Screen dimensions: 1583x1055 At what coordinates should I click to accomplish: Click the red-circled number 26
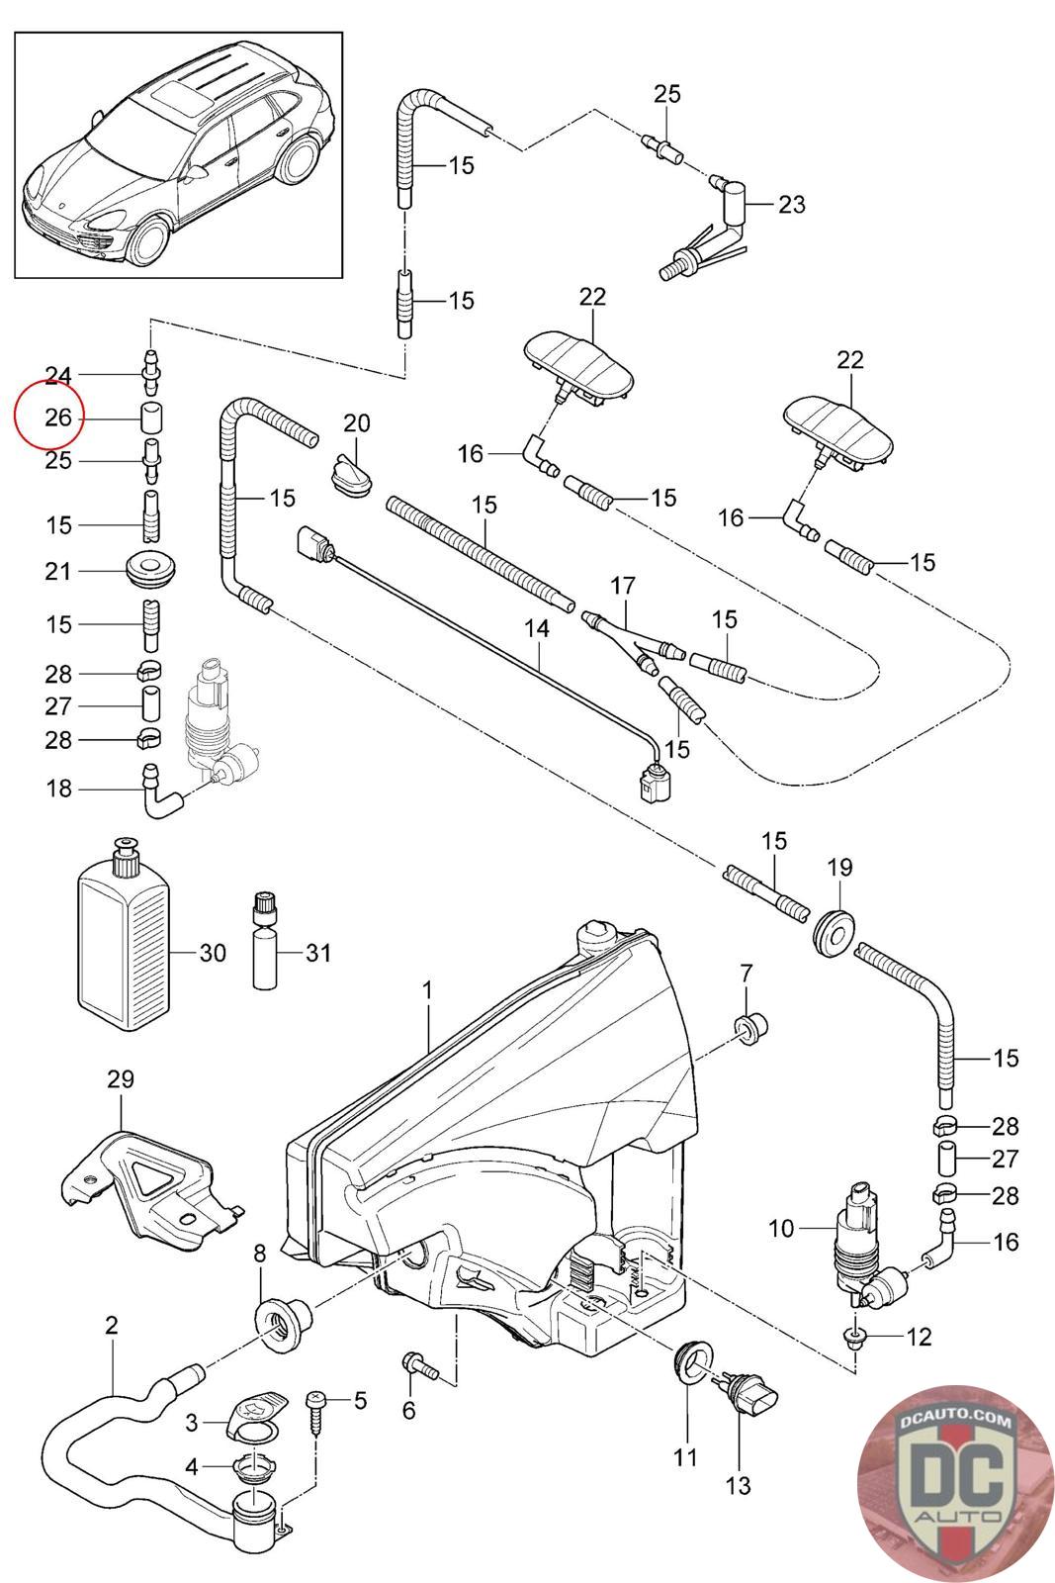coord(58,418)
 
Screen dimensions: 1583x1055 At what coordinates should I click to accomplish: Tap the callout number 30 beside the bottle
coord(213,953)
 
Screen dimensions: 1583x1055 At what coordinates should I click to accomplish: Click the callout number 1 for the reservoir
coord(427,988)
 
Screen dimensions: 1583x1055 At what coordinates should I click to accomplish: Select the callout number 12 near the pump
coord(919,1337)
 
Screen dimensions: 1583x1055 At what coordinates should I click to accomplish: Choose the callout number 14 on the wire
coord(536,627)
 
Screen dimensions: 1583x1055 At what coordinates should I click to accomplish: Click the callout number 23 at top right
coord(791,205)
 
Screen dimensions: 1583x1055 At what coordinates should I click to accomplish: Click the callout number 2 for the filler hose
coord(111,1325)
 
